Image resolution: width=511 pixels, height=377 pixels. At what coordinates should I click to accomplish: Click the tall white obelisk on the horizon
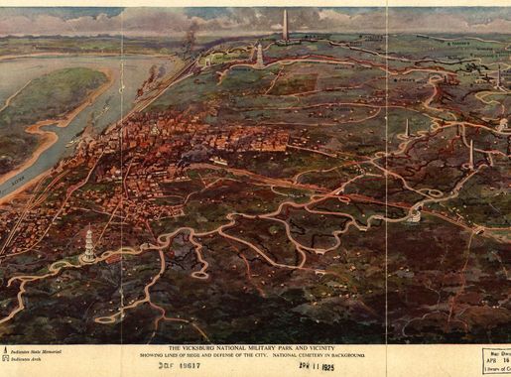(x=285, y=26)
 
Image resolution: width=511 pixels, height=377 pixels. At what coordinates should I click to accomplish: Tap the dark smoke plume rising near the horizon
(x=189, y=40)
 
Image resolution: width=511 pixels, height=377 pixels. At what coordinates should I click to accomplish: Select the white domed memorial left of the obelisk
(x=260, y=56)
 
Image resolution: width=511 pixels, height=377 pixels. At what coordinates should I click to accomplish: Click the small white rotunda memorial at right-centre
(x=414, y=215)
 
